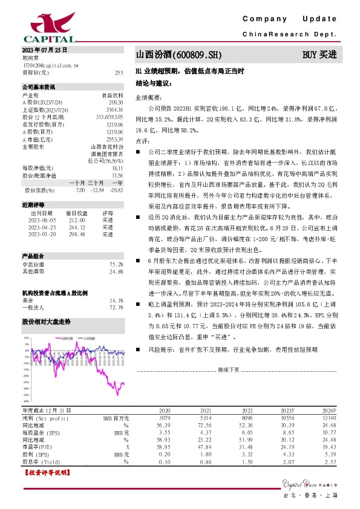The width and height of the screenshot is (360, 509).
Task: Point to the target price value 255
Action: (x=119, y=73)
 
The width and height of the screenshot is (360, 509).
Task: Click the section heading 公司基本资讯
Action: (x=38, y=87)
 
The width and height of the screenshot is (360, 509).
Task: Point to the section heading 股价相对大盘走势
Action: (x=46, y=322)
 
